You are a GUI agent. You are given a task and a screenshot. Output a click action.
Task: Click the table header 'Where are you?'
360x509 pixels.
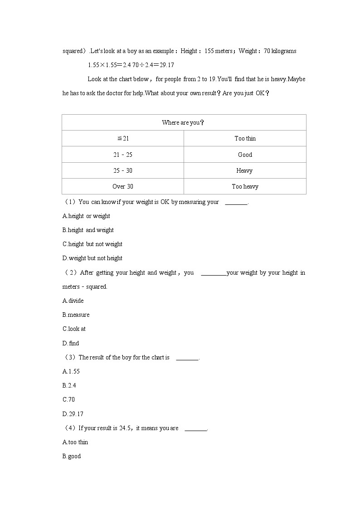183,123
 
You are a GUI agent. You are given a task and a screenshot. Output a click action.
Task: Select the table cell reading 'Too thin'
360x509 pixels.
245,139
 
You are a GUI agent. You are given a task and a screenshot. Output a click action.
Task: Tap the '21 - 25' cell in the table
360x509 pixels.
123,155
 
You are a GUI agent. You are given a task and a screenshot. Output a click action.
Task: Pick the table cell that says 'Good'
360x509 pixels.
245,155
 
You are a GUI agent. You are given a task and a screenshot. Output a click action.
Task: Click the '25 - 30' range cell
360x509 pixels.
123,170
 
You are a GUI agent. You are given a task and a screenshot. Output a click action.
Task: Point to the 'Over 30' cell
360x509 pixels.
123,186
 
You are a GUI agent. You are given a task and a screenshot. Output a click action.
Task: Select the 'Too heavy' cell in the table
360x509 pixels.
245,186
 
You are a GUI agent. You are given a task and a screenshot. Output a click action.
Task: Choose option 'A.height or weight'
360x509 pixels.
86,216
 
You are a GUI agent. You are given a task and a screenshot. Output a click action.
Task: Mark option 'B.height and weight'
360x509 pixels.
88,230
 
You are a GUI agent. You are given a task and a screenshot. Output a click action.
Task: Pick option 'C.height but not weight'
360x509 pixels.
92,244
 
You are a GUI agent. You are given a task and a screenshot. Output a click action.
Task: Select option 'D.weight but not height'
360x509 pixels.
92,258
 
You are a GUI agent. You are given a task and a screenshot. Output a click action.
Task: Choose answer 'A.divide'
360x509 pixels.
73,301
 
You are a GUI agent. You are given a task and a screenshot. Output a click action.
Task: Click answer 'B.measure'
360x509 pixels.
76,315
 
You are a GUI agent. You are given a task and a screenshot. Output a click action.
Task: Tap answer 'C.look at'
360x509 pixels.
74,329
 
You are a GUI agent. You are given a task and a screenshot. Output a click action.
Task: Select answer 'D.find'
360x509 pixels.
71,344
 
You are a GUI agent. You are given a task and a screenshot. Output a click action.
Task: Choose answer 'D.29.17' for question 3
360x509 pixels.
73,414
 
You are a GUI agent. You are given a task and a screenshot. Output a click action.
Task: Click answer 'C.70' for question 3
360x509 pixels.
69,400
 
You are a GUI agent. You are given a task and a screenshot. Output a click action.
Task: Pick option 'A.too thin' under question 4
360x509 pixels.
75,442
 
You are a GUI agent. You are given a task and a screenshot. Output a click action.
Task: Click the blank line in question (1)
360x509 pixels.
236,203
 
